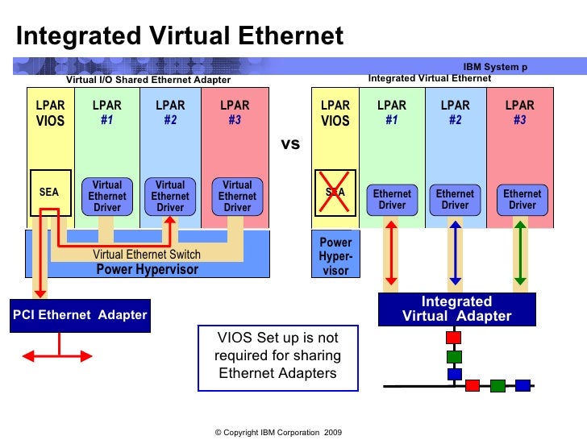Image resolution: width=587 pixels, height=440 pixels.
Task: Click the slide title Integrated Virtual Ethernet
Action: tap(180, 36)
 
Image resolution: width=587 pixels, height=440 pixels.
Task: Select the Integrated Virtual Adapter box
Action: tap(456, 309)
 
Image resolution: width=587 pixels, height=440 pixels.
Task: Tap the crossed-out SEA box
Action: tap(335, 193)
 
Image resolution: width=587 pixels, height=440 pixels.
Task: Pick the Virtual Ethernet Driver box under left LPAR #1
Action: tap(107, 197)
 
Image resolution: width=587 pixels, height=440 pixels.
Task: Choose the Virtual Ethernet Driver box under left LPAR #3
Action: tap(237, 197)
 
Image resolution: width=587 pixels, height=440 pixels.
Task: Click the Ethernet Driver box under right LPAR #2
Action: tap(455, 199)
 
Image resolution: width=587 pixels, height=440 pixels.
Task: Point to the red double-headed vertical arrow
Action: tap(390, 253)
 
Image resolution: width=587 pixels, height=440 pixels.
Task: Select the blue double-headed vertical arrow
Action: tap(455, 253)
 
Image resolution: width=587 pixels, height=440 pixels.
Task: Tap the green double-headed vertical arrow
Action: tap(520, 253)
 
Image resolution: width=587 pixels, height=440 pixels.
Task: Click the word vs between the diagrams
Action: tap(289, 144)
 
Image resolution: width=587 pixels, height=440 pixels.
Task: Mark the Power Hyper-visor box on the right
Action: tap(335, 256)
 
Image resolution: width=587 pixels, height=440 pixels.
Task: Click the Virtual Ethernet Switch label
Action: tap(147, 255)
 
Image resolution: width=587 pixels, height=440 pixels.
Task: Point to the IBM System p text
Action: tap(495, 67)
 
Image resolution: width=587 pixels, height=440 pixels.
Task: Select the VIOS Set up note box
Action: tap(277, 355)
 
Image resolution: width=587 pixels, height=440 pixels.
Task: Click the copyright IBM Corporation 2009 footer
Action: tap(278, 433)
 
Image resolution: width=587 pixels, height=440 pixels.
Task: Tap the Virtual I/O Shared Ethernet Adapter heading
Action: tap(148, 80)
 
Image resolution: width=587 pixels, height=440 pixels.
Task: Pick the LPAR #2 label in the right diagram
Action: tap(455, 112)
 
